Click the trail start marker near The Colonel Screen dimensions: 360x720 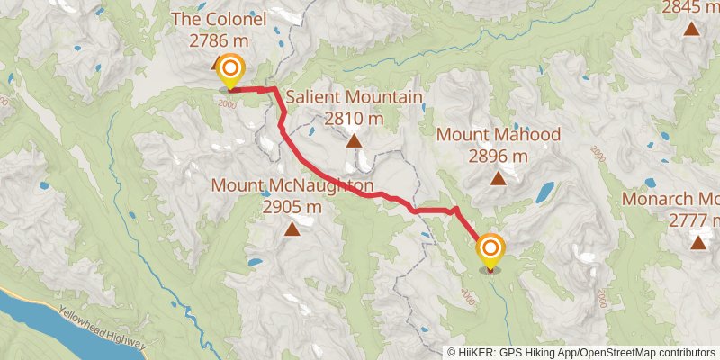231,70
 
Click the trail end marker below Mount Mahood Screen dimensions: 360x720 490,249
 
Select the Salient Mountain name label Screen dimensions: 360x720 354,97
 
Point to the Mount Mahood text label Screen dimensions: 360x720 498,135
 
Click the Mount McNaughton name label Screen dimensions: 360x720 292,185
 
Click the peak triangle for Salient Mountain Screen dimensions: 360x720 354,140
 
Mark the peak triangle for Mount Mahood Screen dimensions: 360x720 498,177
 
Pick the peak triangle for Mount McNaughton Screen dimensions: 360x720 292,229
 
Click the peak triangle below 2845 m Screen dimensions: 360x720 691,29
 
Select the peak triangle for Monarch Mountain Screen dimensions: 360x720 697,241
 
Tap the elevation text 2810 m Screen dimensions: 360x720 354,118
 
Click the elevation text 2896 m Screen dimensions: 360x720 498,157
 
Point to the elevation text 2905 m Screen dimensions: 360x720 292,207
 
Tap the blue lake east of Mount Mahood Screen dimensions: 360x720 545,192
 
